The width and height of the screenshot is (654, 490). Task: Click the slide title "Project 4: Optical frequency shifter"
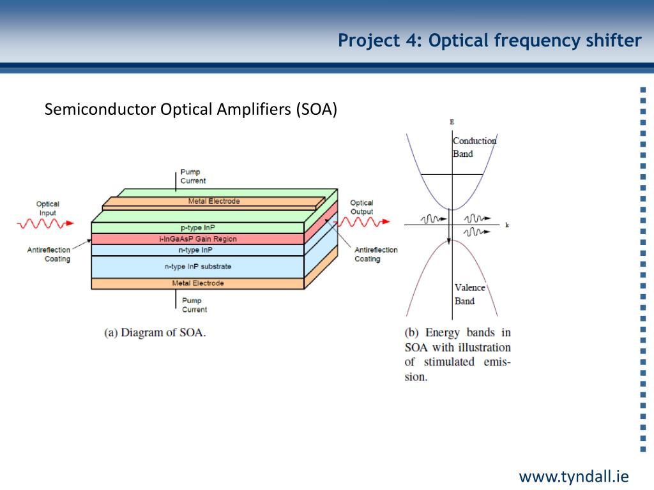click(x=489, y=41)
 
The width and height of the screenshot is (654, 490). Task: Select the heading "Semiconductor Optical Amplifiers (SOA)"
click(x=190, y=109)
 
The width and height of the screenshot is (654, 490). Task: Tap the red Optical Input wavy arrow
click(x=45, y=224)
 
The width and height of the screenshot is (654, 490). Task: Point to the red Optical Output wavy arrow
click(x=362, y=222)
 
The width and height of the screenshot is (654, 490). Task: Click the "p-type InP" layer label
click(x=198, y=228)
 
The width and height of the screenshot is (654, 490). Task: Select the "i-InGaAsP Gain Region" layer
click(x=198, y=239)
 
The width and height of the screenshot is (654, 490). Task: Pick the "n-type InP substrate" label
click(x=198, y=266)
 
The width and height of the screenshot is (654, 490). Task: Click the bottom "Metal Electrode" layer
click(x=198, y=283)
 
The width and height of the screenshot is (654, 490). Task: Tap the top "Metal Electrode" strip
click(x=213, y=202)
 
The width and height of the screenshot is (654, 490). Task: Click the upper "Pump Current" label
click(x=193, y=176)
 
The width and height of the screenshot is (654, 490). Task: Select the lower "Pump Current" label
click(x=194, y=305)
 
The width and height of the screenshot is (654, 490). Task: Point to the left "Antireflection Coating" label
click(x=49, y=254)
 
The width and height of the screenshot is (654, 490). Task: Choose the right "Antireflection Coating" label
click(x=376, y=254)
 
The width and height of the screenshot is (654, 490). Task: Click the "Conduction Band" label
click(x=475, y=147)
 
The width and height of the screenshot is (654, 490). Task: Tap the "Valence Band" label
click(x=469, y=294)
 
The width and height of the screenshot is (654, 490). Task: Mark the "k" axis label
click(x=507, y=225)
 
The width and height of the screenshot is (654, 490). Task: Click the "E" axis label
click(x=452, y=122)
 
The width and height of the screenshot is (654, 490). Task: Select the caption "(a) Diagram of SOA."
click(x=155, y=332)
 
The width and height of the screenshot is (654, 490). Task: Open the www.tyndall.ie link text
click(x=574, y=476)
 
